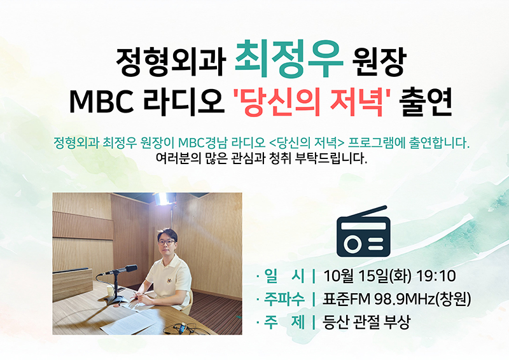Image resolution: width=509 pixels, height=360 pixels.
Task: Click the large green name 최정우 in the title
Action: (289, 59)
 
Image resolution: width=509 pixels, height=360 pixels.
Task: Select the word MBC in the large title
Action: (102, 101)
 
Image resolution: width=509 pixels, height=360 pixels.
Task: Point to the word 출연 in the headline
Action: (426, 101)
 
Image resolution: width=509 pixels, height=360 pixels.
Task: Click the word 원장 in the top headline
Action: (379, 62)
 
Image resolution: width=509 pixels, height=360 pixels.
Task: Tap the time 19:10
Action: (436, 276)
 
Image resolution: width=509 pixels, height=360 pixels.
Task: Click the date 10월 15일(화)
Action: (367, 276)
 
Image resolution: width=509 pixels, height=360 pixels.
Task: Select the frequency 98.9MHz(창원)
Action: (422, 299)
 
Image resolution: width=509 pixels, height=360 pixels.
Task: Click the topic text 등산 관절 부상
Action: (366, 322)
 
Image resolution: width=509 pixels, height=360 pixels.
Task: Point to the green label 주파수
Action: (284, 299)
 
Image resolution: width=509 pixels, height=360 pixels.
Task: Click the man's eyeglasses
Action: (166, 242)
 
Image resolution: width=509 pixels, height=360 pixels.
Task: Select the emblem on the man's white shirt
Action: (169, 280)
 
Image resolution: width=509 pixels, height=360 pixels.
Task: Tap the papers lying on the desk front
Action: (132, 322)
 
